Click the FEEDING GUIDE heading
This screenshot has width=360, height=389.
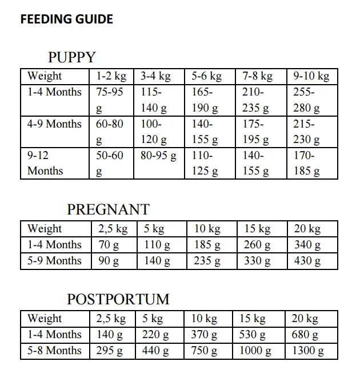click(x=66, y=19)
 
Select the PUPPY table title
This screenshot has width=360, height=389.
click(x=72, y=57)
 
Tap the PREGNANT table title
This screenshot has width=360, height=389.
click(x=108, y=209)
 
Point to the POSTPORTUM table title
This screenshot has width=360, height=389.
click(x=118, y=299)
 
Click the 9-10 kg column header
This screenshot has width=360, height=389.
click(x=311, y=76)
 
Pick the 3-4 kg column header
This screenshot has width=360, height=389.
click(x=155, y=76)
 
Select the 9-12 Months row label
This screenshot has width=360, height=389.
click(x=46, y=162)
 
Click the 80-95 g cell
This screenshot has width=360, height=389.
click(x=158, y=155)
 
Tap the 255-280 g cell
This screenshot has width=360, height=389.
click(x=306, y=100)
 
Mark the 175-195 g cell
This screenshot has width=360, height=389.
click(x=256, y=132)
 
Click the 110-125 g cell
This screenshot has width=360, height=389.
click(x=205, y=162)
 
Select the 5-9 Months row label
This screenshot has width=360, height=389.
click(x=54, y=261)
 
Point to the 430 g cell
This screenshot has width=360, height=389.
click(x=307, y=261)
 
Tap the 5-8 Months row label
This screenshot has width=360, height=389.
click(x=54, y=351)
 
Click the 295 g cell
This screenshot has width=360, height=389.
click(x=110, y=351)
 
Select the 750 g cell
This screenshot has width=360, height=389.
click(x=205, y=351)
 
